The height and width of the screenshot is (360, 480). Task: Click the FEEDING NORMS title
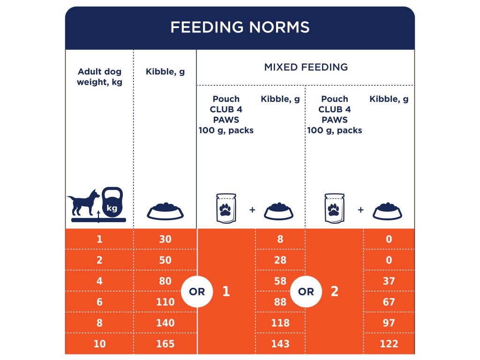(x=240, y=27)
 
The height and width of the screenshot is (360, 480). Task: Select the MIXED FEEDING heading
(x=306, y=67)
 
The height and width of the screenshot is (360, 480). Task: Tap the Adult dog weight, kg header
(x=99, y=77)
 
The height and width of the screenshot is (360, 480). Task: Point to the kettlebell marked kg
(x=112, y=202)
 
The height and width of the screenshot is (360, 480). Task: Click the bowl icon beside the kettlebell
(x=165, y=211)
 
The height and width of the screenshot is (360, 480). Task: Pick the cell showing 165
(x=165, y=344)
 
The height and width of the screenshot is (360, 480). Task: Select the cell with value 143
(x=280, y=344)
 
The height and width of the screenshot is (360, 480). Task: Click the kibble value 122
(x=389, y=344)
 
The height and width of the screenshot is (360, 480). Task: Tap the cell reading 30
(x=165, y=239)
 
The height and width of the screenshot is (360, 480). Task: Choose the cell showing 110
(x=165, y=302)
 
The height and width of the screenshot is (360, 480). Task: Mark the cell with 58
(x=280, y=281)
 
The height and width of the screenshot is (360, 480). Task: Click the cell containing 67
(x=389, y=302)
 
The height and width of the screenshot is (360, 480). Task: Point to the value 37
(x=389, y=281)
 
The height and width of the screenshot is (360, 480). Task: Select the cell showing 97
(x=389, y=323)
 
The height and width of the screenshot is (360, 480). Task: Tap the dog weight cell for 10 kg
(x=99, y=344)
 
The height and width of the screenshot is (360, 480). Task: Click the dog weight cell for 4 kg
(x=99, y=281)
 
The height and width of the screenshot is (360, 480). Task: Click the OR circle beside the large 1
(x=197, y=292)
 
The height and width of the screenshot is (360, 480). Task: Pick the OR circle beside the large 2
(x=306, y=292)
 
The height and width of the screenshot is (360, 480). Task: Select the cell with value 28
(x=280, y=260)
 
